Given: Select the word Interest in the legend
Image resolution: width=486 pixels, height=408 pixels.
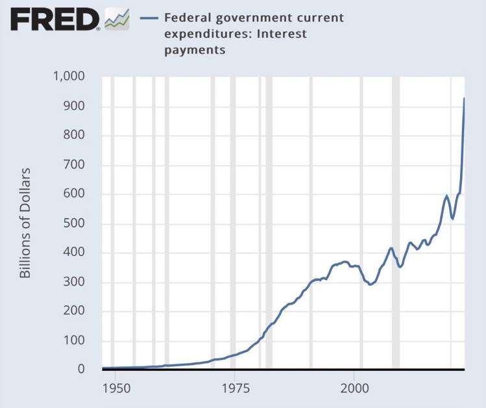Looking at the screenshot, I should click(x=282, y=33).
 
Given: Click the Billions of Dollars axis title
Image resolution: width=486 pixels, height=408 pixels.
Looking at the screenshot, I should click(x=25, y=223).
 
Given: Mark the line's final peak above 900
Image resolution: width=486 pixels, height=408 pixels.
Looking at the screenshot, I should click(x=464, y=99).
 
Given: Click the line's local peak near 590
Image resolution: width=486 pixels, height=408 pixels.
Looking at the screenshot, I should click(x=446, y=196).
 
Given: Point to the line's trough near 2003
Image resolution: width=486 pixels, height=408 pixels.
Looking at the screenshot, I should click(x=370, y=284).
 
